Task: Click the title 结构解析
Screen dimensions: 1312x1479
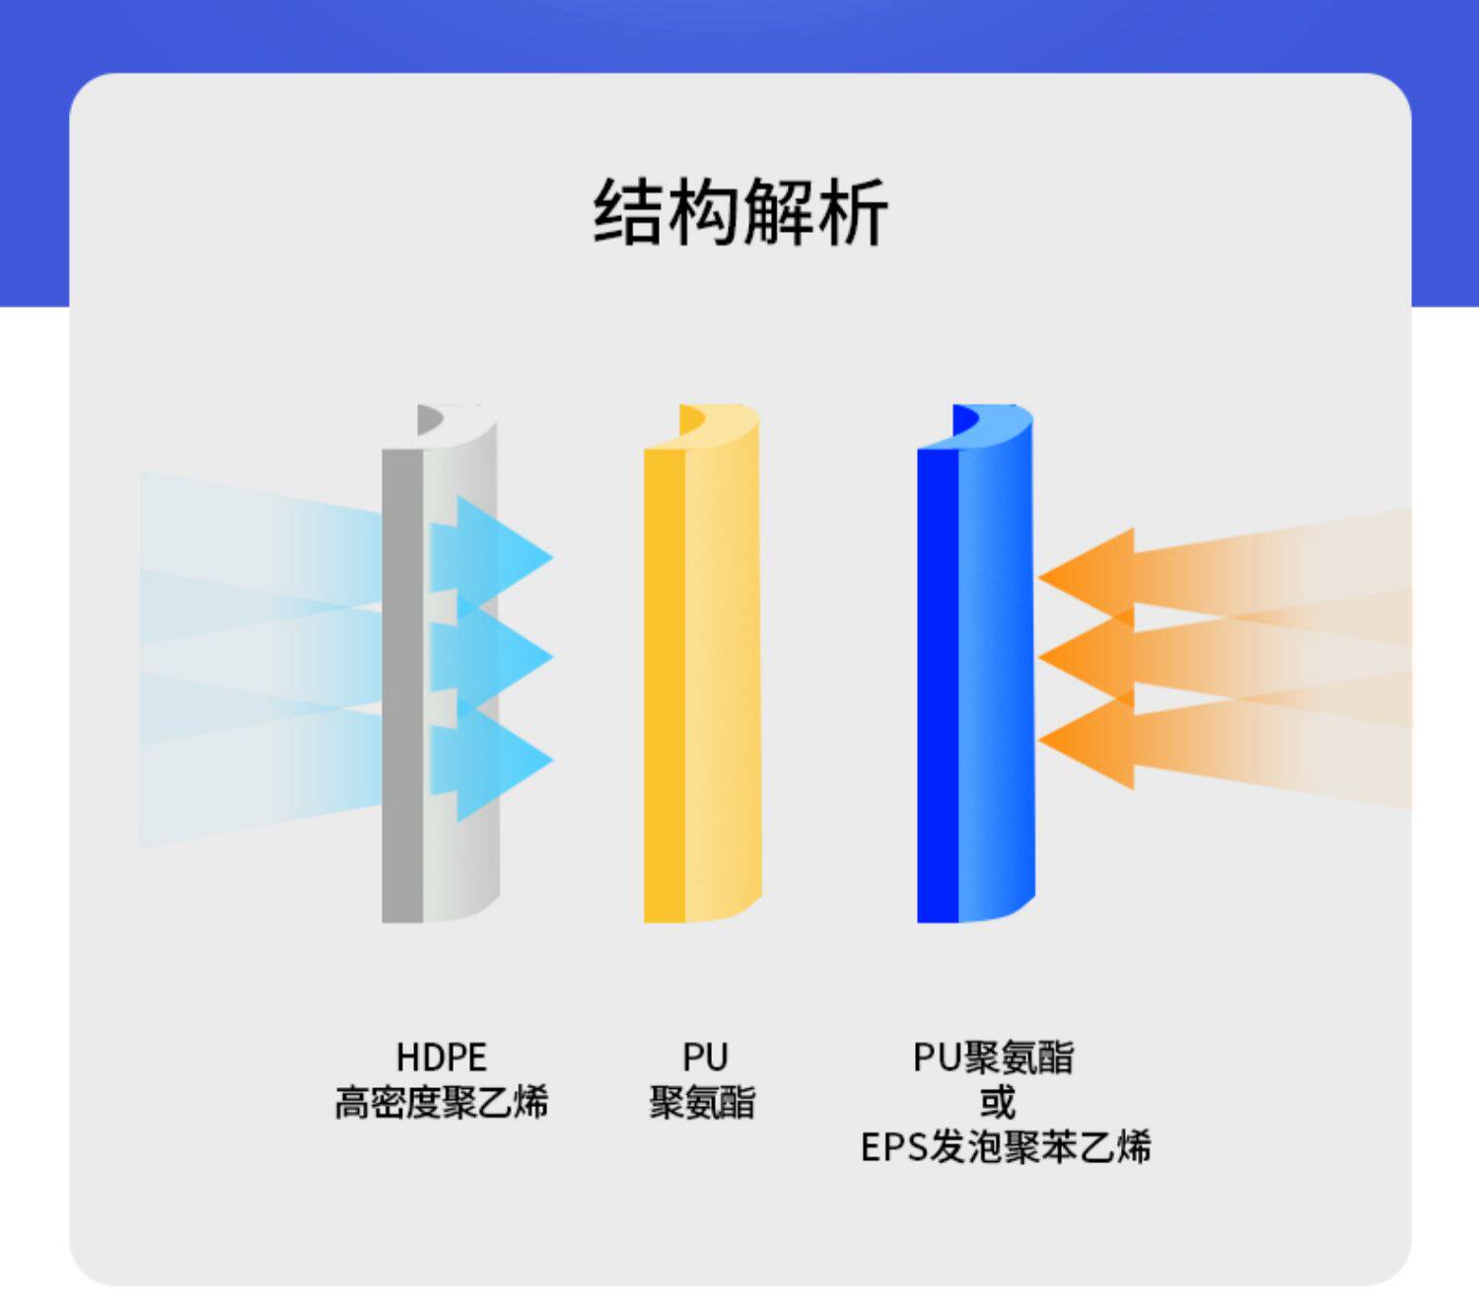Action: click(x=739, y=211)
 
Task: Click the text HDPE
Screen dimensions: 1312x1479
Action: click(x=441, y=1057)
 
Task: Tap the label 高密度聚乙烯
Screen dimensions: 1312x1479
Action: click(x=441, y=1102)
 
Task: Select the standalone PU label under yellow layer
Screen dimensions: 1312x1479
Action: click(x=704, y=1057)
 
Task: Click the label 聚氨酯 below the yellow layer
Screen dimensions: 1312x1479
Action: click(x=702, y=1102)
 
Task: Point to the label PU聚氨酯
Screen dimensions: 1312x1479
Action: click(x=993, y=1057)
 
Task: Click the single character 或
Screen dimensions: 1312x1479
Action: click(x=997, y=1102)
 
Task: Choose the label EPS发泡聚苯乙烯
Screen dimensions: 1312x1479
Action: click(x=1006, y=1147)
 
